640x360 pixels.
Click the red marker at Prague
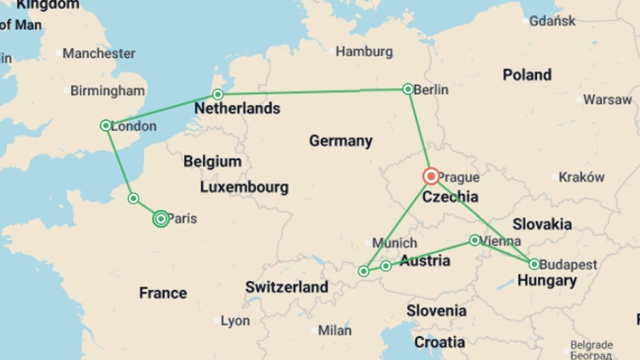431,176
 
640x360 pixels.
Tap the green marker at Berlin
408,89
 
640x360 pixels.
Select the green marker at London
106,126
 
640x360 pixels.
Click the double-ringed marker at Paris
161,219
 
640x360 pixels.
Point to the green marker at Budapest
534,264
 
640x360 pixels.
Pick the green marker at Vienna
474,240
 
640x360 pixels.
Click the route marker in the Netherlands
218,94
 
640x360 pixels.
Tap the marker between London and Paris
133,198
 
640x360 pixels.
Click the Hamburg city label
364,52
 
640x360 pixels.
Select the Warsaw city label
607,100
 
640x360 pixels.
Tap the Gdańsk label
552,21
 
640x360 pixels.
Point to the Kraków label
581,177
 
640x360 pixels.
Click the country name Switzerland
287,287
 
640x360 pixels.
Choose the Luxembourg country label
244,187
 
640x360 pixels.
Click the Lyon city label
235,321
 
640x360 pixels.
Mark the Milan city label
334,330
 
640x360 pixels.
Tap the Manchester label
99,53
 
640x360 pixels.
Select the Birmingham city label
107,91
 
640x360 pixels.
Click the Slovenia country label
436,311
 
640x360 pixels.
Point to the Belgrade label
591,345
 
